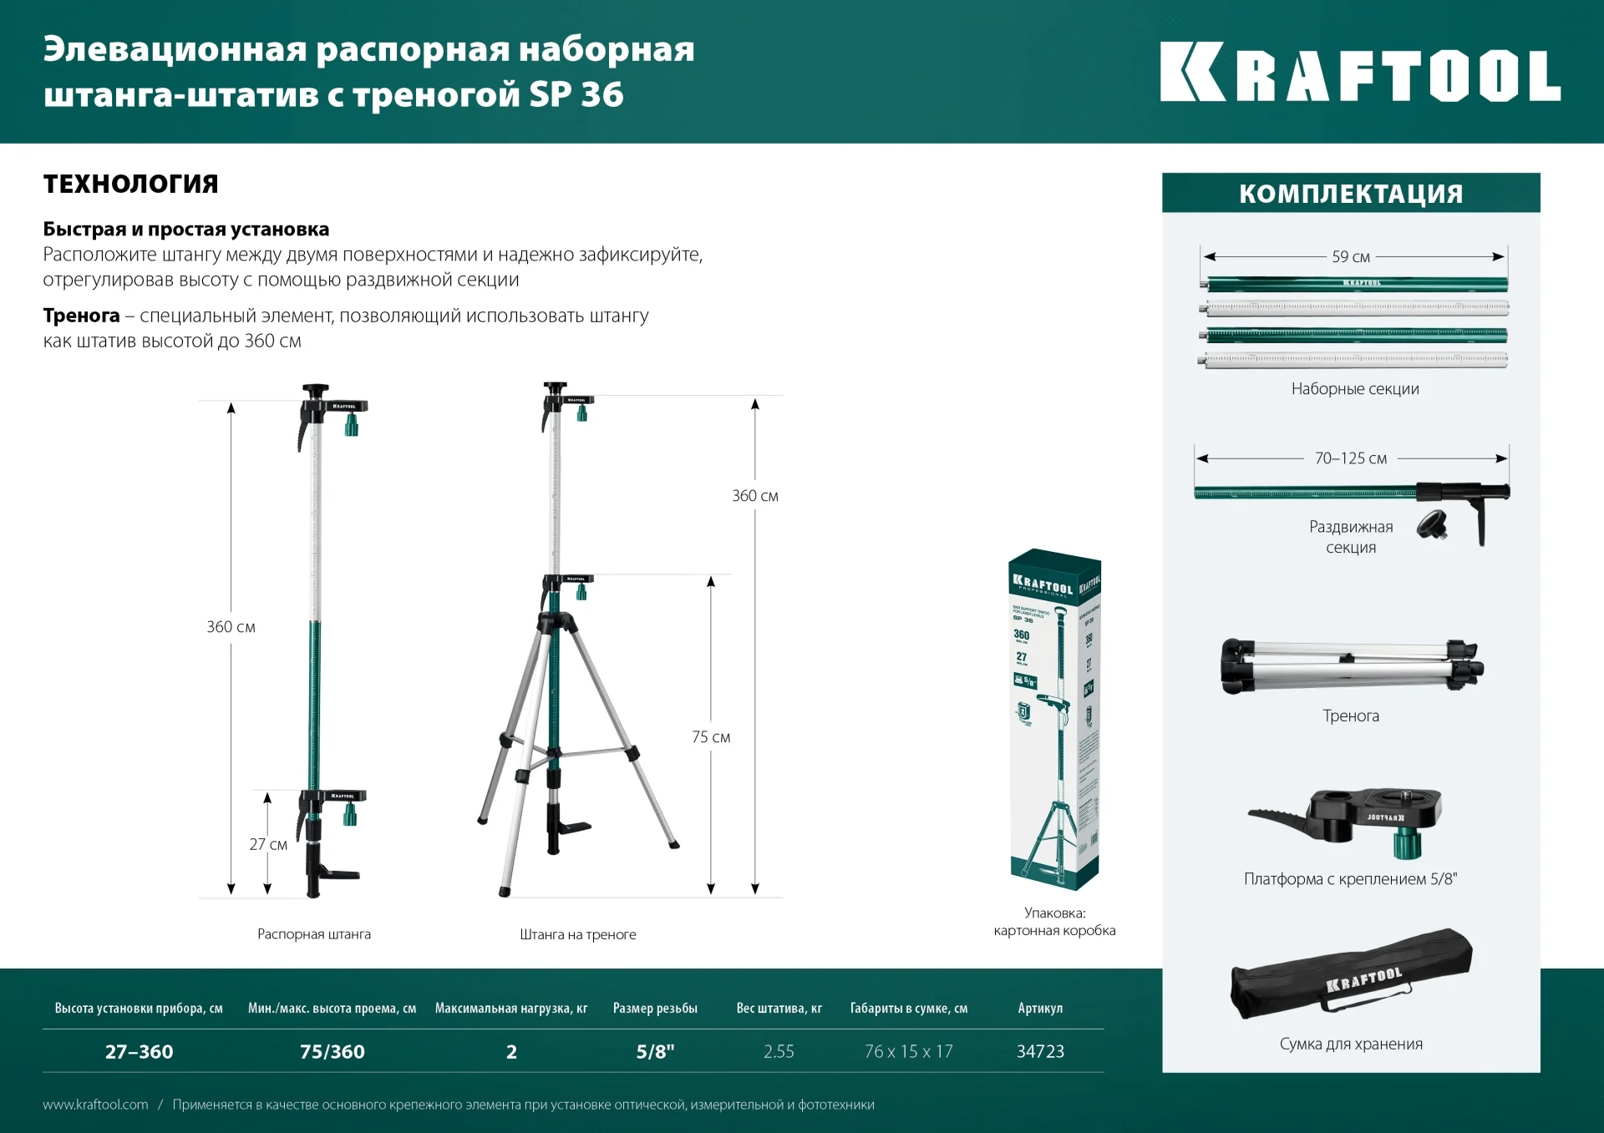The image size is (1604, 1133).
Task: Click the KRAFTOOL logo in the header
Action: [x=1359, y=73]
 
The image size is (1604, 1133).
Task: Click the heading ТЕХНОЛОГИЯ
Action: [x=130, y=184]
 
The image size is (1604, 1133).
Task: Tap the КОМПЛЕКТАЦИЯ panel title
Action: [x=1350, y=194]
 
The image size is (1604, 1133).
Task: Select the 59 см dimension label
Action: [x=1350, y=257]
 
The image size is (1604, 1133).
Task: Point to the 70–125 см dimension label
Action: [x=1350, y=458]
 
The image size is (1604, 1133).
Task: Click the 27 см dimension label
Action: [x=268, y=844]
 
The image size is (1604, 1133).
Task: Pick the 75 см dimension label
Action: [x=710, y=737]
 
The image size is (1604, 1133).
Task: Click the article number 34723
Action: [x=1040, y=1051]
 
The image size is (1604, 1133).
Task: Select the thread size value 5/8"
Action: [x=655, y=1051]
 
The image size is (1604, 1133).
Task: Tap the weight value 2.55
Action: [x=779, y=1051]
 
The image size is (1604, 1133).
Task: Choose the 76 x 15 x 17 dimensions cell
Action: [x=908, y=1051]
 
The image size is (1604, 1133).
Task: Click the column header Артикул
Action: [x=1040, y=1009]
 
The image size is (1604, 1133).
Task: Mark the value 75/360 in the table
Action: [x=332, y=1051]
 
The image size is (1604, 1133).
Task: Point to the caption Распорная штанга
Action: [x=314, y=934]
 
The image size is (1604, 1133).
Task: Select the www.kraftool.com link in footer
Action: [x=95, y=1105]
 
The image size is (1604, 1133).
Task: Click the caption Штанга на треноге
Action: [x=578, y=934]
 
